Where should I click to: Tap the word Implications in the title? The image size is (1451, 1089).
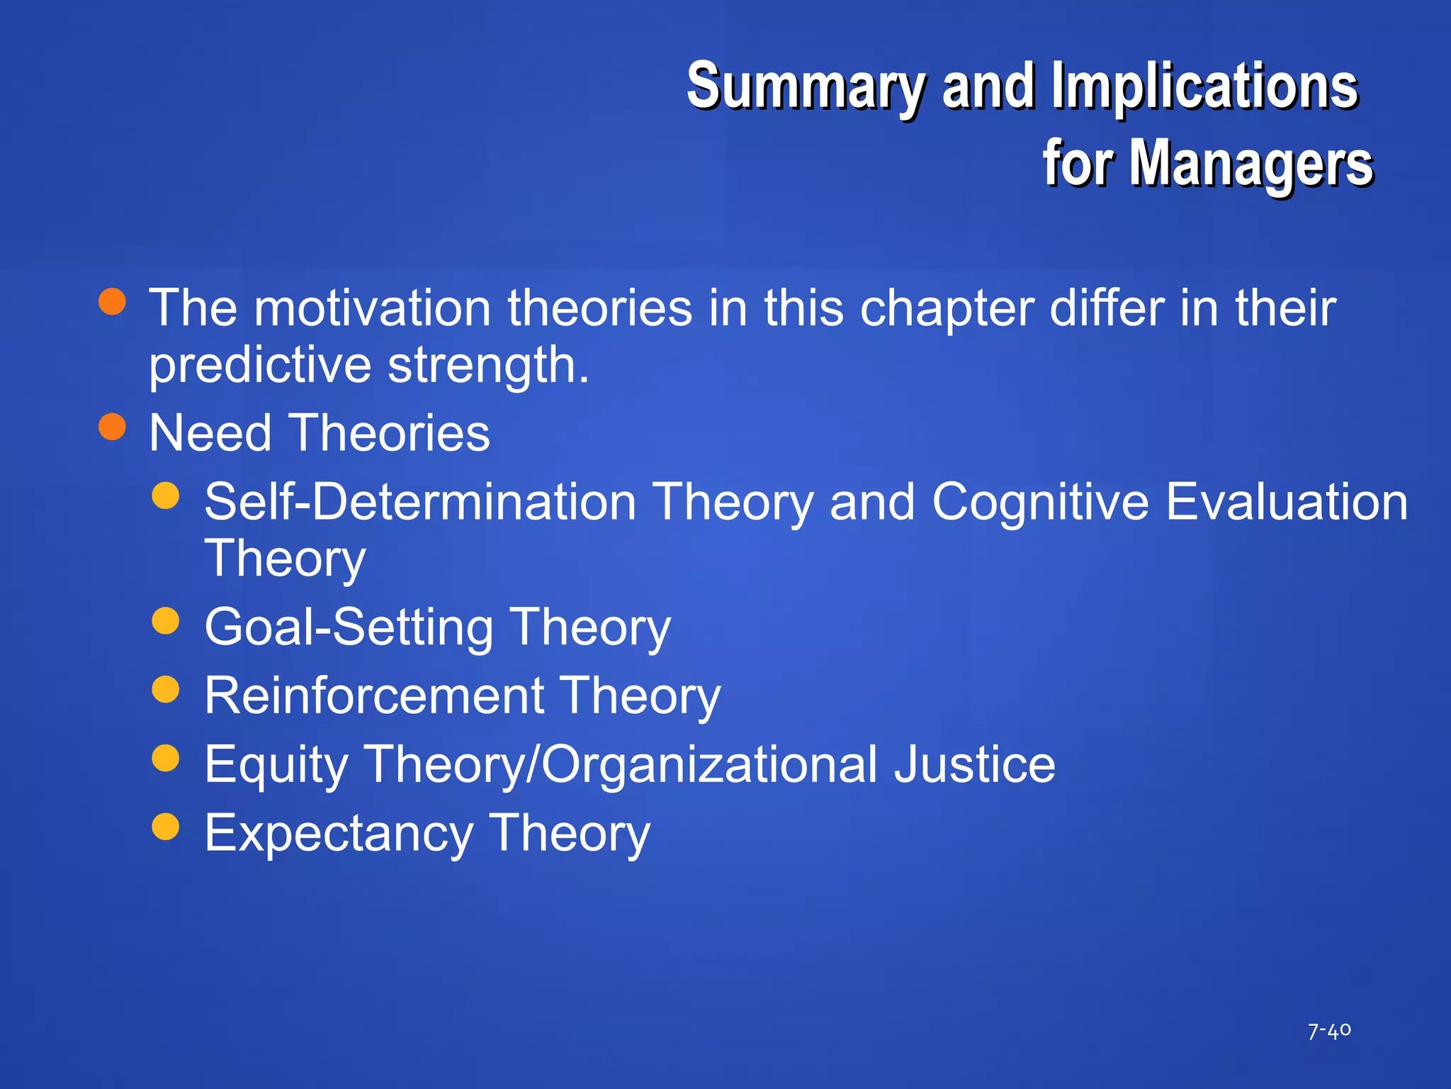click(1204, 86)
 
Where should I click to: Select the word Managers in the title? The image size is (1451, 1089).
click(1250, 164)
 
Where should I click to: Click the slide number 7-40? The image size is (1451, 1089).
click(1329, 1030)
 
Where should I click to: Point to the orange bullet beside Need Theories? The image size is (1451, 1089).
click(113, 427)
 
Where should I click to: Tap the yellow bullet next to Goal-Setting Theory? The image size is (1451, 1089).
click(166, 620)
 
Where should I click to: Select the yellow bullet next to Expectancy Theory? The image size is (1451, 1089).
click(166, 826)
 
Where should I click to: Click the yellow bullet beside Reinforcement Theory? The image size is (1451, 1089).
click(166, 689)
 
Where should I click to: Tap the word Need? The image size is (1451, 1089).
click(210, 433)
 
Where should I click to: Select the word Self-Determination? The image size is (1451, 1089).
click(420, 502)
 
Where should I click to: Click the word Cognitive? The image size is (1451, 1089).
click(1040, 502)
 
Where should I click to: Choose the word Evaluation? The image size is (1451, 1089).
click(1287, 502)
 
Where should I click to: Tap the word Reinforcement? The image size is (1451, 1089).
click(374, 696)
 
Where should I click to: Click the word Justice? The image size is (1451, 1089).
click(974, 764)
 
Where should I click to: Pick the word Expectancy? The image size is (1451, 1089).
click(339, 834)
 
